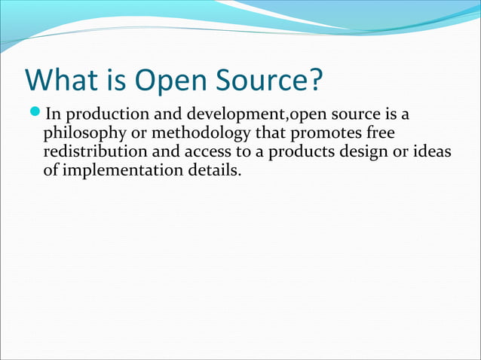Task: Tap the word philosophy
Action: pyautogui.click(x=80, y=135)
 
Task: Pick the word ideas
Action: pyautogui.click(x=431, y=151)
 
